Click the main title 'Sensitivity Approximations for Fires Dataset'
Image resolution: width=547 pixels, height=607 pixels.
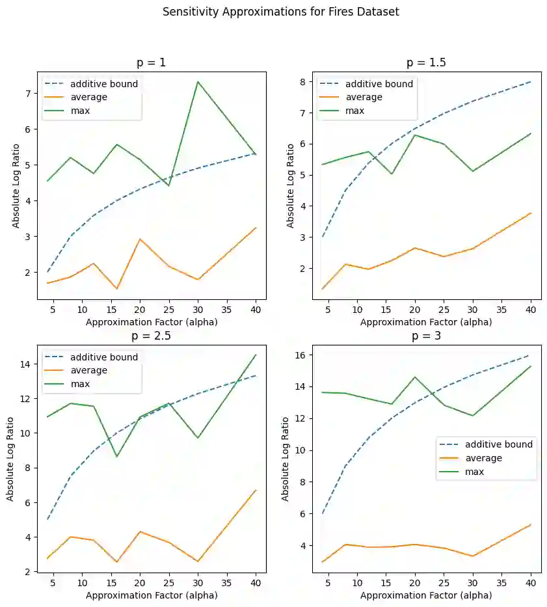[x=280, y=12]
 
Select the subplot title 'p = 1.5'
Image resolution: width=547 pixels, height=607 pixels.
[x=426, y=63]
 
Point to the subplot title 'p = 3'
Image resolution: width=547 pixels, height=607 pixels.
[x=426, y=336]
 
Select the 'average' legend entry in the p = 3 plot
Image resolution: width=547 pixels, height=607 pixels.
[x=484, y=458]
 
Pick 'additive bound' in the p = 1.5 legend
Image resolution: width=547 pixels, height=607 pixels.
[x=379, y=84]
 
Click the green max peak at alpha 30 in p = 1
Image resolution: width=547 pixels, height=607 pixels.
[x=197, y=82]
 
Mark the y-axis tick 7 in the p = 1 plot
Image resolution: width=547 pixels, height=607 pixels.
[x=27, y=93]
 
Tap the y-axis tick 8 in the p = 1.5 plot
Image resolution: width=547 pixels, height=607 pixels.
[x=302, y=82]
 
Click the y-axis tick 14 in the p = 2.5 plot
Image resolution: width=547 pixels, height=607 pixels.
[x=25, y=364]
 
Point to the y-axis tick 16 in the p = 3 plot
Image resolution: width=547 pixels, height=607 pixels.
[x=299, y=355]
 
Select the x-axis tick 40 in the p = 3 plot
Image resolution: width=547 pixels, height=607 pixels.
[x=531, y=583]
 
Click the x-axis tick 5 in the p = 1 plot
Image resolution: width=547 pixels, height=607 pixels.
[x=53, y=310]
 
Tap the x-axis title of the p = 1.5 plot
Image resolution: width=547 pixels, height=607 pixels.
[x=426, y=321]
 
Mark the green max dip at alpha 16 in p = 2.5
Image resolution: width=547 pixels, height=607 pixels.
[x=117, y=456]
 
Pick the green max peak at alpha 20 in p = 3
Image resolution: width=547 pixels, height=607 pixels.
[x=415, y=377]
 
